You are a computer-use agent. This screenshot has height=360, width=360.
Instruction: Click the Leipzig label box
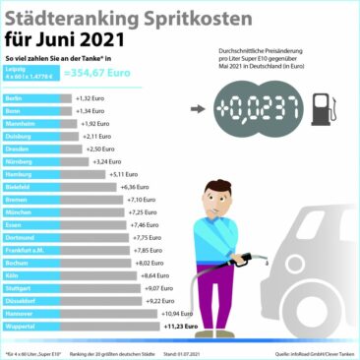point(28,72)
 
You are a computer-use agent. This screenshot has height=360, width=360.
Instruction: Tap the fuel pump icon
point(322,110)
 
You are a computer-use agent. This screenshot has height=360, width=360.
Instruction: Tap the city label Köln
point(13,276)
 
